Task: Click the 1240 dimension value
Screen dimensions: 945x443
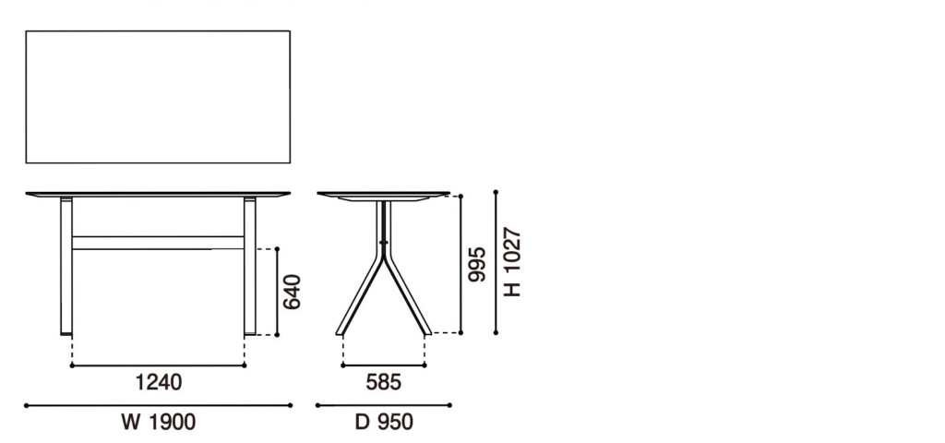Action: pos(158,382)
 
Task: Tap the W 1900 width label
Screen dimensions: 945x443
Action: pos(159,422)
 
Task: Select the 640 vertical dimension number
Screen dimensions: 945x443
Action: pos(293,292)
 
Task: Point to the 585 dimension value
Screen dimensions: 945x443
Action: pos(383,382)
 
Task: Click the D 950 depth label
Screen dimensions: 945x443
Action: pos(384,422)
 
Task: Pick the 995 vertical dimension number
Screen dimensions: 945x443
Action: pos(477,264)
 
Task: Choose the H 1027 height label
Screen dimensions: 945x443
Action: pos(511,262)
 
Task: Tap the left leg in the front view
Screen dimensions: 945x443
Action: pos(66,266)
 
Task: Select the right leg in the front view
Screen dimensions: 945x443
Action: pos(249,266)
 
